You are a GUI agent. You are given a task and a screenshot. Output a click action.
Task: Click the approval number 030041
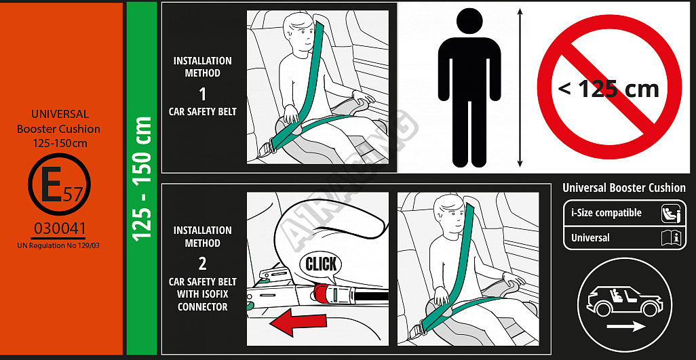(60, 228)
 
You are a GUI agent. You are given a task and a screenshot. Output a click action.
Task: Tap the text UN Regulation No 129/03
(58, 245)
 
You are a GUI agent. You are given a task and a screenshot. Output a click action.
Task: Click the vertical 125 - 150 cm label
(142, 179)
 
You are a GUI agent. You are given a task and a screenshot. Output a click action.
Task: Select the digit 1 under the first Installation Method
(202, 94)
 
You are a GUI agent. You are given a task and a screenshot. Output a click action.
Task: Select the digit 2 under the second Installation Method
(202, 264)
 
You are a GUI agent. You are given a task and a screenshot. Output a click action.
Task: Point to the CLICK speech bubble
(321, 266)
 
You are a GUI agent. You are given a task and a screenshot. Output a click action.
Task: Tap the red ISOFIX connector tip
(323, 294)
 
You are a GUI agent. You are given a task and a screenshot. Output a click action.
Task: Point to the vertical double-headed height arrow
(520, 87)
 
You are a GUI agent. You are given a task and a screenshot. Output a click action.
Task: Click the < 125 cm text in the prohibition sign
(608, 89)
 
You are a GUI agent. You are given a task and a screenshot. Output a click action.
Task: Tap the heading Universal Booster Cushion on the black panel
(623, 188)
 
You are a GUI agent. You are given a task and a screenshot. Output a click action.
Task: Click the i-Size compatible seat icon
(669, 213)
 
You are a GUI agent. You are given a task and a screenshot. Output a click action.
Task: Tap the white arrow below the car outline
(626, 327)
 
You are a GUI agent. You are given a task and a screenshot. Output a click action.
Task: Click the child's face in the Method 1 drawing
(299, 35)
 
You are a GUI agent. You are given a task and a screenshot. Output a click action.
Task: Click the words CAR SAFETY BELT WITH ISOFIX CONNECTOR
(202, 294)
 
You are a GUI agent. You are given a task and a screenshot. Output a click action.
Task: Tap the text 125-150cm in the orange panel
(60, 144)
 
